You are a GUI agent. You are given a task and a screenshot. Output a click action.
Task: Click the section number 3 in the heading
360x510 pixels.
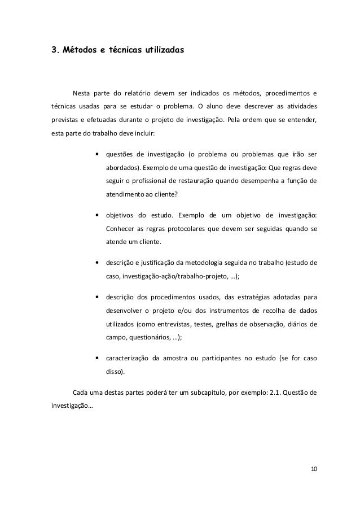54,50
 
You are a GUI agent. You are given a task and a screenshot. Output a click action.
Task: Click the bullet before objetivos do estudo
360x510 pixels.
99,215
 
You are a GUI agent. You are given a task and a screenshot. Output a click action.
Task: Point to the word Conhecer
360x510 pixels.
121,229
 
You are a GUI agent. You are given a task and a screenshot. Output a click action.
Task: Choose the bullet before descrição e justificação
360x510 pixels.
99,263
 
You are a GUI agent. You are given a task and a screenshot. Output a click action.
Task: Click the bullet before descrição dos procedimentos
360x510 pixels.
99,297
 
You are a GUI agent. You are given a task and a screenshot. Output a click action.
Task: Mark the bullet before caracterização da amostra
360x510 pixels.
99,358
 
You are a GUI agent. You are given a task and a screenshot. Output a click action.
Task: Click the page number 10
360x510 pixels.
314,470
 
